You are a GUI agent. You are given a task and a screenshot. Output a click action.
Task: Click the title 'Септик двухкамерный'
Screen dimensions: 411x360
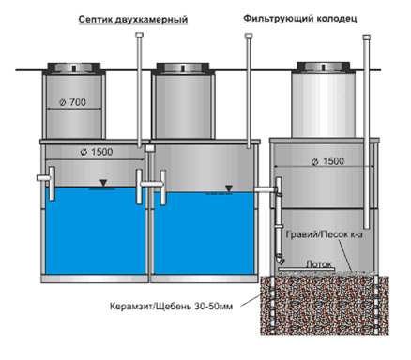pyautogui.click(x=133, y=20)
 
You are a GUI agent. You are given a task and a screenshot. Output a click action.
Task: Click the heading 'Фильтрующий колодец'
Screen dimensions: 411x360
pyautogui.click(x=300, y=19)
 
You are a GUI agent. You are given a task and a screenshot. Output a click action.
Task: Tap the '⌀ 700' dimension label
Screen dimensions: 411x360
pyautogui.click(x=72, y=102)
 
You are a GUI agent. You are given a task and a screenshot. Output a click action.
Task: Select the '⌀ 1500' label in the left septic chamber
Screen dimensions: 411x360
pyautogui.click(x=97, y=152)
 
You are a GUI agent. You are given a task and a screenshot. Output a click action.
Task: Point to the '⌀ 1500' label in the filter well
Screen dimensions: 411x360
pyautogui.click(x=327, y=161)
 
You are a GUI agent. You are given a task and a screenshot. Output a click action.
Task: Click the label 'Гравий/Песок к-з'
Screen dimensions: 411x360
pyautogui.click(x=324, y=234)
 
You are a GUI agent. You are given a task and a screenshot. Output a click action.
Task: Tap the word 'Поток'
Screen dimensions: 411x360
pyautogui.click(x=318, y=264)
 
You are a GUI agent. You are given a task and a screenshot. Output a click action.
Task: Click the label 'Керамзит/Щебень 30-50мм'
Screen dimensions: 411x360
pyautogui.click(x=171, y=307)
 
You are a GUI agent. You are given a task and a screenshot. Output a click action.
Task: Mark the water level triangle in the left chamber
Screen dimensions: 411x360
pyautogui.click(x=103, y=183)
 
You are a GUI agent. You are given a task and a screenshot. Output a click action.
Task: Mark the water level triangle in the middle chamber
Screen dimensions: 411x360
pyautogui.click(x=229, y=188)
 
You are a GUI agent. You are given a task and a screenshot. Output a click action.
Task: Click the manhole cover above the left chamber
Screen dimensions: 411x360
pyautogui.click(x=74, y=68)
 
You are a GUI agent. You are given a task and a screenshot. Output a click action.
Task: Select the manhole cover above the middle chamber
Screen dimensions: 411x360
pyautogui.click(x=183, y=68)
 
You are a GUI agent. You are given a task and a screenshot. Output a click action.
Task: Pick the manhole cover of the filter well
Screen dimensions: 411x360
pyautogui.click(x=323, y=67)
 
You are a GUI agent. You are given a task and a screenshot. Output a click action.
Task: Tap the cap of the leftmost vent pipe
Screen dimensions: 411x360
pyautogui.click(x=139, y=36)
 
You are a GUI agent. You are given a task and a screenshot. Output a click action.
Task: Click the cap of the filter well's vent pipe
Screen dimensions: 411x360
pyautogui.click(x=367, y=37)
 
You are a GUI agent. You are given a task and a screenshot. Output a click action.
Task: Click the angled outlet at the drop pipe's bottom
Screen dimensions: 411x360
pyautogui.click(x=281, y=261)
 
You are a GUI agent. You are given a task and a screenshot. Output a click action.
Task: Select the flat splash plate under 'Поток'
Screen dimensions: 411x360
pyautogui.click(x=307, y=269)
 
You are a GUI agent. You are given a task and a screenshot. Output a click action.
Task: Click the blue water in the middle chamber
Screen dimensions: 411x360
pyautogui.click(x=204, y=232)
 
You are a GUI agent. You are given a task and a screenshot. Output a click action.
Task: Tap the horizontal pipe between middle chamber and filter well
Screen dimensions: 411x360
pyautogui.click(x=266, y=189)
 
